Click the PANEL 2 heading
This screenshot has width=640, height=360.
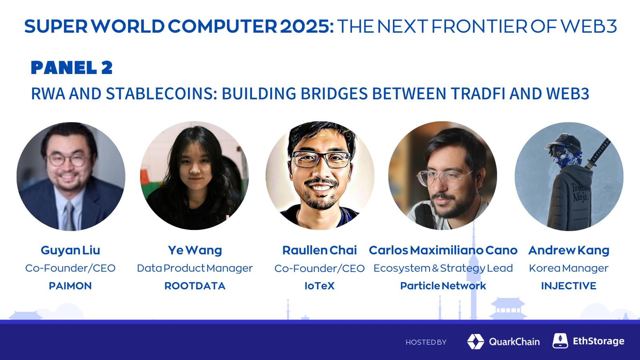click(72, 68)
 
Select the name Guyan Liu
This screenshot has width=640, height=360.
click(70, 250)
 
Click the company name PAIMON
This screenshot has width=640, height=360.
click(70, 286)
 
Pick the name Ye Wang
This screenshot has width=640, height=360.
click(195, 250)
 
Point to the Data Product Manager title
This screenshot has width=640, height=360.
click(195, 268)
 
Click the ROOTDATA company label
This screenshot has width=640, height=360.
click(195, 286)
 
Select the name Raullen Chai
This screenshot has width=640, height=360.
click(320, 250)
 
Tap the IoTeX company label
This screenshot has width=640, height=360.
click(320, 286)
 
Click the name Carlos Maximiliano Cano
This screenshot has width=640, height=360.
click(443, 250)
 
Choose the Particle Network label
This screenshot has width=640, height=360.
click(443, 286)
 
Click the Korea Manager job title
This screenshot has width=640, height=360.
click(568, 268)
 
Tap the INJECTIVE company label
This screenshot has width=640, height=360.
click(568, 286)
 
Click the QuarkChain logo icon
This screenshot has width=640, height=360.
click(476, 342)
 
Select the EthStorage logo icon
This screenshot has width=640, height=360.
click(560, 340)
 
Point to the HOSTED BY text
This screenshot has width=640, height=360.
click(426, 342)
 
